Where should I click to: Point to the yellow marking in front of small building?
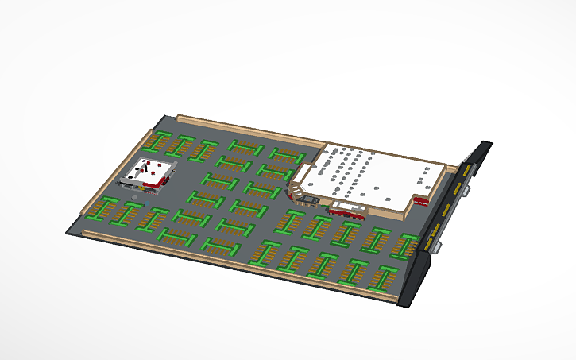click(x=150, y=192)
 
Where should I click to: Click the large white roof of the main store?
click(x=373, y=175)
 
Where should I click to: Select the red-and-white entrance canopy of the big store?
click(x=348, y=210)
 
